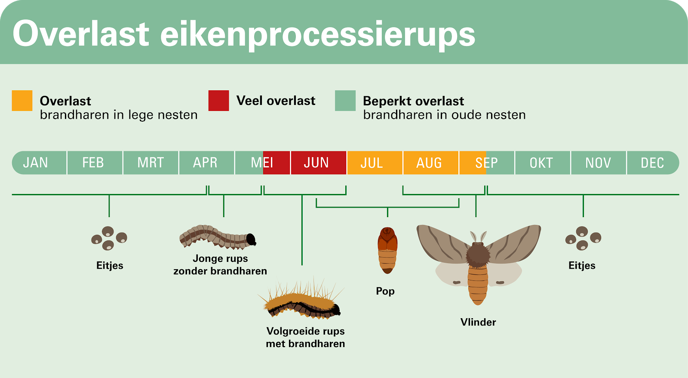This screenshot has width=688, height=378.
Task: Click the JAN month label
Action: pyautogui.click(x=35, y=163)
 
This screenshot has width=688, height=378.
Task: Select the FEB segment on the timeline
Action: pyautogui.click(x=95, y=163)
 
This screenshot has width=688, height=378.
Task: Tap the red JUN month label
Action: pyautogui.click(x=316, y=163)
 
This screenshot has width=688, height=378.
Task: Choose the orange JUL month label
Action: pyautogui.click(x=372, y=163)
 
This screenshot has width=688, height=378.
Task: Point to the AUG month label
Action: pyautogui.click(x=429, y=163)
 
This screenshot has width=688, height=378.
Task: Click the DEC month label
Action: pyautogui.click(x=652, y=163)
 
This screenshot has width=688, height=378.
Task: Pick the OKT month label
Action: pyautogui.click(x=541, y=163)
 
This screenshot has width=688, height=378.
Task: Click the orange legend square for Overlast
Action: pyautogui.click(x=22, y=100)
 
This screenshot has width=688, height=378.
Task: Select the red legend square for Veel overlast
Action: pyautogui.click(x=219, y=100)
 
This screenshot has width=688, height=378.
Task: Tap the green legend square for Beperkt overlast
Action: pyautogui.click(x=345, y=100)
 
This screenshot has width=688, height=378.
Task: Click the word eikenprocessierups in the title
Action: pyautogui.click(x=318, y=34)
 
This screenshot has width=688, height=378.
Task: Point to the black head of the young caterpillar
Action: pyautogui.click(x=251, y=240)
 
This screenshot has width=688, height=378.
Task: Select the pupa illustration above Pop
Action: pyautogui.click(x=387, y=250)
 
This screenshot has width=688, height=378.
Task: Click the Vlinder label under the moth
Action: pyautogui.click(x=478, y=322)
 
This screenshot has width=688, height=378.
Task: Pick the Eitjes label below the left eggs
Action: pyautogui.click(x=110, y=265)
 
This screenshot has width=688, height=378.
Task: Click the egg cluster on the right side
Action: pyautogui.click(x=583, y=238)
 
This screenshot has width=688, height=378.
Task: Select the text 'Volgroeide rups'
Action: pyautogui.click(x=305, y=331)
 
